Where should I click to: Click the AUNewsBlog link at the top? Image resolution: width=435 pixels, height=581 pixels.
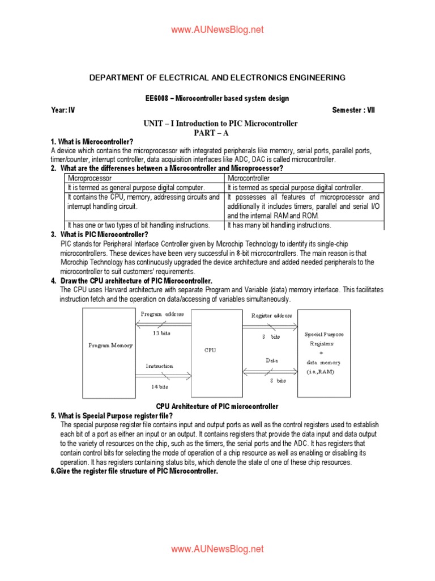tap(217, 30)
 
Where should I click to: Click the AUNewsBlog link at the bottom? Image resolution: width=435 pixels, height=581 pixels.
tap(217, 549)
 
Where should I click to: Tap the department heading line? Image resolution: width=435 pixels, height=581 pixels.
tap(217, 77)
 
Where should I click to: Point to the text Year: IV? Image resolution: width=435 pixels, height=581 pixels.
tap(63, 111)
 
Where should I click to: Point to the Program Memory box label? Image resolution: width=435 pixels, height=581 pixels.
tap(110, 345)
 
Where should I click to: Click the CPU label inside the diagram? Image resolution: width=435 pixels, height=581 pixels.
tap(210, 350)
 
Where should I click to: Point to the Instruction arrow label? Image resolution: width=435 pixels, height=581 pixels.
tap(159, 366)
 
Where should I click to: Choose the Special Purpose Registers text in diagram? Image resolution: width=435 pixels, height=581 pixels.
tap(324, 339)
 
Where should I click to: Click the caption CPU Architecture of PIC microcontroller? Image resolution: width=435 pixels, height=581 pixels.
tap(217, 406)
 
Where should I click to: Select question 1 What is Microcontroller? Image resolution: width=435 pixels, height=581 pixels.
tap(92, 141)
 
